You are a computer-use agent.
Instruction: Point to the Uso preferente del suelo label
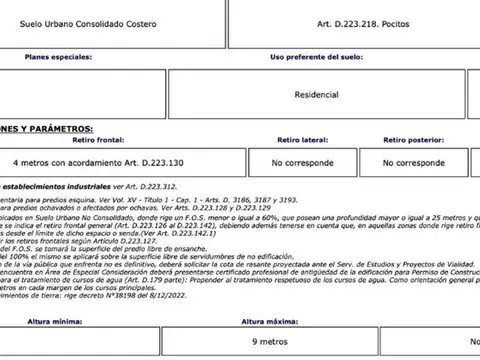316,58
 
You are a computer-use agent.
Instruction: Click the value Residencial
316,96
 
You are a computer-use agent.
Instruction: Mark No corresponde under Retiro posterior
413,162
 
